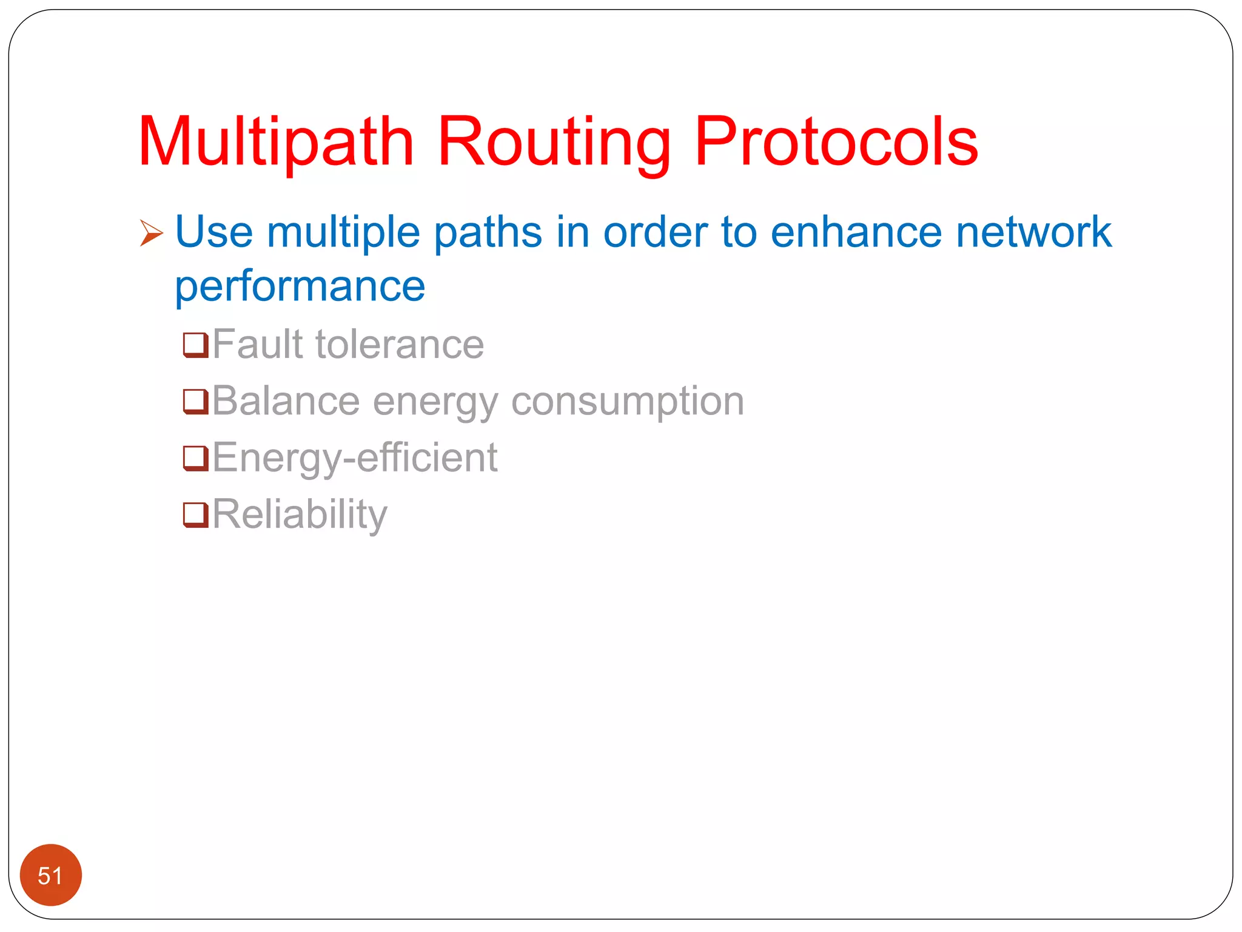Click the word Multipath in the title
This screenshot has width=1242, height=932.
tap(276, 143)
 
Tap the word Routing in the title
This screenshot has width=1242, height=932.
tap(554, 143)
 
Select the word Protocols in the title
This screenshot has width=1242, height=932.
tap(836, 143)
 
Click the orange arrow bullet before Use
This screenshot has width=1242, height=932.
tap(151, 233)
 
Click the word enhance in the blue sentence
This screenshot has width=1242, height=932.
tap(856, 232)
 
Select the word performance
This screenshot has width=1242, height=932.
tap(300, 286)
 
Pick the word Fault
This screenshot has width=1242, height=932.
tap(257, 344)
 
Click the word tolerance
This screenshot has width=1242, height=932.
tap(400, 344)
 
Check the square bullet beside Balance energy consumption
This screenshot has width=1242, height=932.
tap(196, 402)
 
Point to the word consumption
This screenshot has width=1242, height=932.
tap(628, 401)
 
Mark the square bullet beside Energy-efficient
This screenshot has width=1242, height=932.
tap(196, 458)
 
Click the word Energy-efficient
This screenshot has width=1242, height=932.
tap(355, 458)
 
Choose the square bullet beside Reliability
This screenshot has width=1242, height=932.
tap(196, 515)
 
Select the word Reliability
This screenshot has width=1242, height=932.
tap(300, 515)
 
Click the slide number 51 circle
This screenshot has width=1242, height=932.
tap(51, 874)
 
